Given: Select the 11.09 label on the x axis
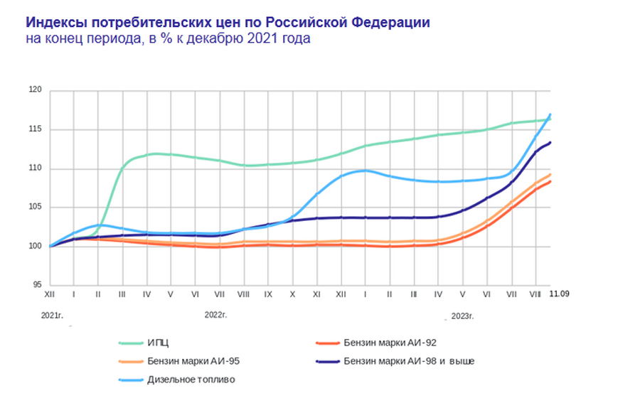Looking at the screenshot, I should pos(558,293).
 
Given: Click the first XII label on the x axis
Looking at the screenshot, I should pos(50,293).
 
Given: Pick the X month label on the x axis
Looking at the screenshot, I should pos(292,293).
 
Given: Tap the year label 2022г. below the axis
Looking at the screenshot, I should pos(215,313).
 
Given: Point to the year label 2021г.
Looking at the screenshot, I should pos(51,313).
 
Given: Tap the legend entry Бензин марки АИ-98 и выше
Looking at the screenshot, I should pos(408,361).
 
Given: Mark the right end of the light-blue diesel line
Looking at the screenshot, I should pos(550,114).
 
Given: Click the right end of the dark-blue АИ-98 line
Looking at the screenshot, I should pos(550,143).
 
